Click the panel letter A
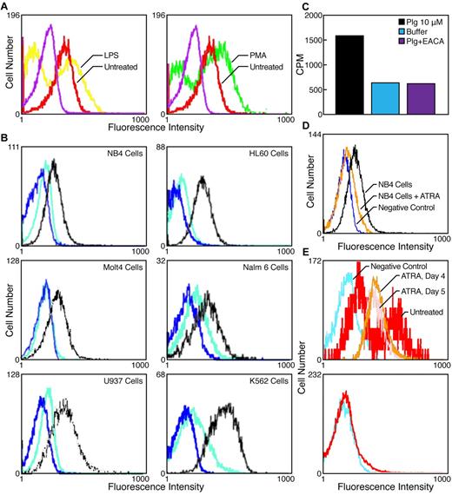click(x=6, y=6)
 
